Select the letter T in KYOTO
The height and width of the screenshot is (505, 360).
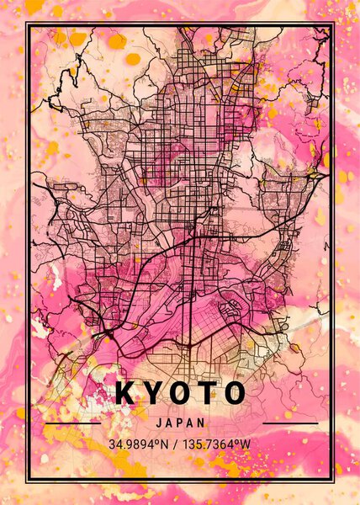pos(207,393)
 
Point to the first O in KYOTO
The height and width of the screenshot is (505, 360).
pos(179,393)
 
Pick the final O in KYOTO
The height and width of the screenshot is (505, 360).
pos(235,393)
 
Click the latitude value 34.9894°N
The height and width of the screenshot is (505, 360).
pos(138,444)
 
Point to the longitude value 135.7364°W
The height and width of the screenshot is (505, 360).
pos(215,444)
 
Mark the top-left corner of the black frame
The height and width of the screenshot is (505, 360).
pos(25,24)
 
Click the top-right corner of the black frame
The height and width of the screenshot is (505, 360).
pos(335,24)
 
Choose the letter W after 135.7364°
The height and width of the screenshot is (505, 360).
pos(248,444)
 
